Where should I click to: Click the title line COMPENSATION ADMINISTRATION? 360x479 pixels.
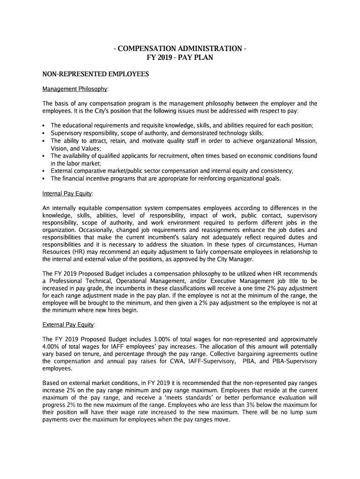180,49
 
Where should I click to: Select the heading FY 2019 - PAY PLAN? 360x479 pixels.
180,58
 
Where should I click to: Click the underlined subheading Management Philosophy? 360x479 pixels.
75,89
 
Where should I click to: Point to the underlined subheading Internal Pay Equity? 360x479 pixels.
67,193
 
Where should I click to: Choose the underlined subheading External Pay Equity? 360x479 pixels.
68,324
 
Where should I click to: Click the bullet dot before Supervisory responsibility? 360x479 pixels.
43,133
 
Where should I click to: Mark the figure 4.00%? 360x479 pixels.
52,347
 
